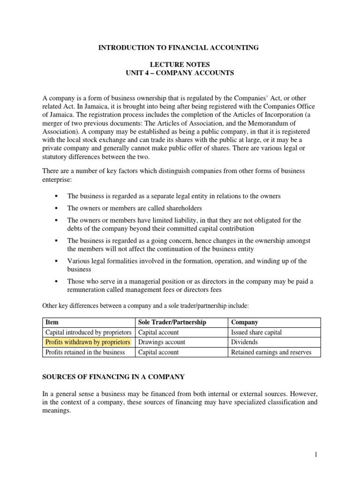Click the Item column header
[x=51, y=322]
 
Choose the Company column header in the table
[x=245, y=322]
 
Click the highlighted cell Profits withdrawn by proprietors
[x=87, y=342]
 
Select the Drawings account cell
[x=162, y=342]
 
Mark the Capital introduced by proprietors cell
[x=88, y=332]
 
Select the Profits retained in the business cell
[x=85, y=352]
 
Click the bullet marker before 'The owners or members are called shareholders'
[x=56, y=208]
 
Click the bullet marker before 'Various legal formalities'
[x=56, y=261]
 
